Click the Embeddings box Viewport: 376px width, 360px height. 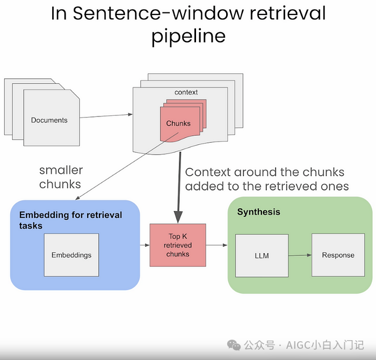point(71,255)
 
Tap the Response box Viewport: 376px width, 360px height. point(338,255)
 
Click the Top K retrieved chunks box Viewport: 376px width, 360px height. point(178,245)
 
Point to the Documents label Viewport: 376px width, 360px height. point(49,120)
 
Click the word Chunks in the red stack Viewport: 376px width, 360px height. point(178,123)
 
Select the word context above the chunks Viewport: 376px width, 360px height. point(186,92)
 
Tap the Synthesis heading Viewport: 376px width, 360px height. point(258,212)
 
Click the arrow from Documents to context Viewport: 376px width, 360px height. point(106,115)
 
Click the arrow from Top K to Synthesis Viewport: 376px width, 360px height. point(216,245)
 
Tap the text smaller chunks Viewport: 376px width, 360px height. point(61,177)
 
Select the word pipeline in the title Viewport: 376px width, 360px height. point(188,36)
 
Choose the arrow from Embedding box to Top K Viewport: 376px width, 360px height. point(144,245)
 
